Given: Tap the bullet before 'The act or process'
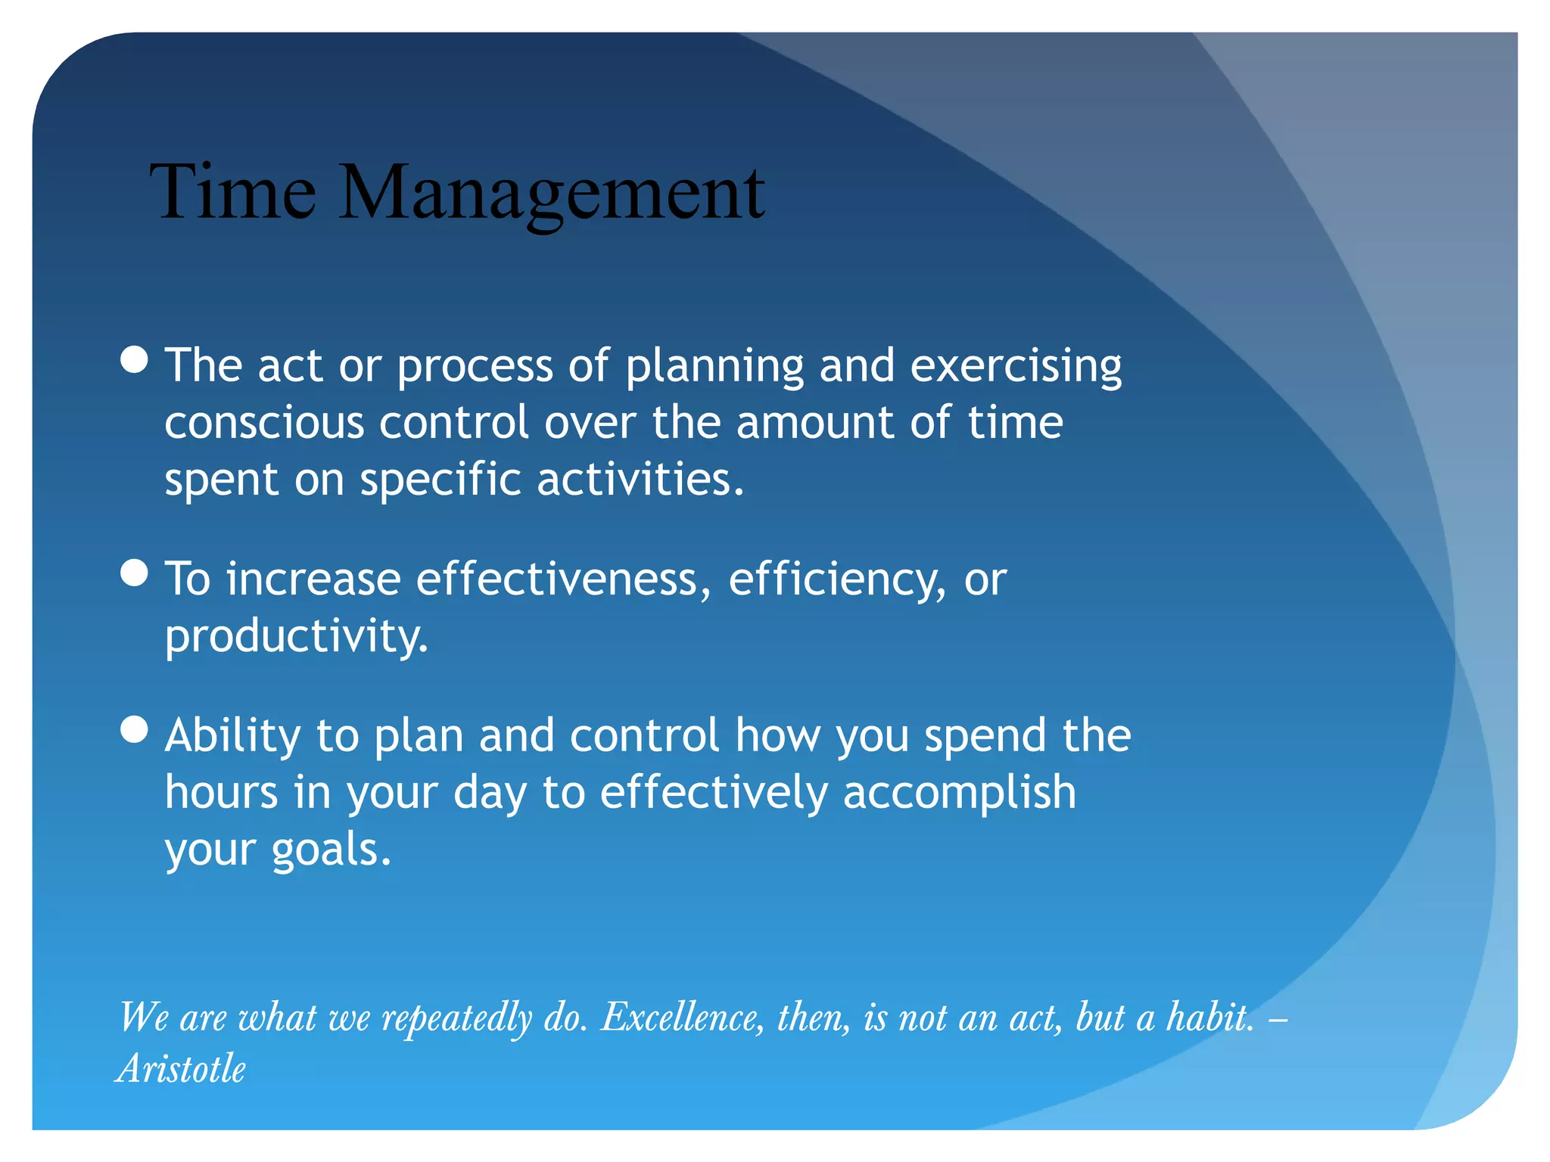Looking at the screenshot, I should [x=135, y=360].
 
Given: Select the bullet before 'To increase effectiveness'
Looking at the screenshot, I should [x=135, y=573].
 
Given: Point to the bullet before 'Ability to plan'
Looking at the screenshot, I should [x=135, y=730].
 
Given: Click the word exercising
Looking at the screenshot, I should [x=1016, y=367].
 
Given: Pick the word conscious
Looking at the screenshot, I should [x=264, y=422].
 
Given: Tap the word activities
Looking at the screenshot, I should [x=640, y=480].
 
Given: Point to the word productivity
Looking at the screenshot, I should [x=296, y=637].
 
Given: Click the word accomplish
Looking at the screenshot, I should [x=959, y=794].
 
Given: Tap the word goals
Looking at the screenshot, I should [x=330, y=850].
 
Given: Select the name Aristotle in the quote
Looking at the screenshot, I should [x=182, y=1069].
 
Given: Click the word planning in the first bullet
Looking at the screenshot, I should [x=714, y=367].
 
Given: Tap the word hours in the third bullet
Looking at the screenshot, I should [x=221, y=793].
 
